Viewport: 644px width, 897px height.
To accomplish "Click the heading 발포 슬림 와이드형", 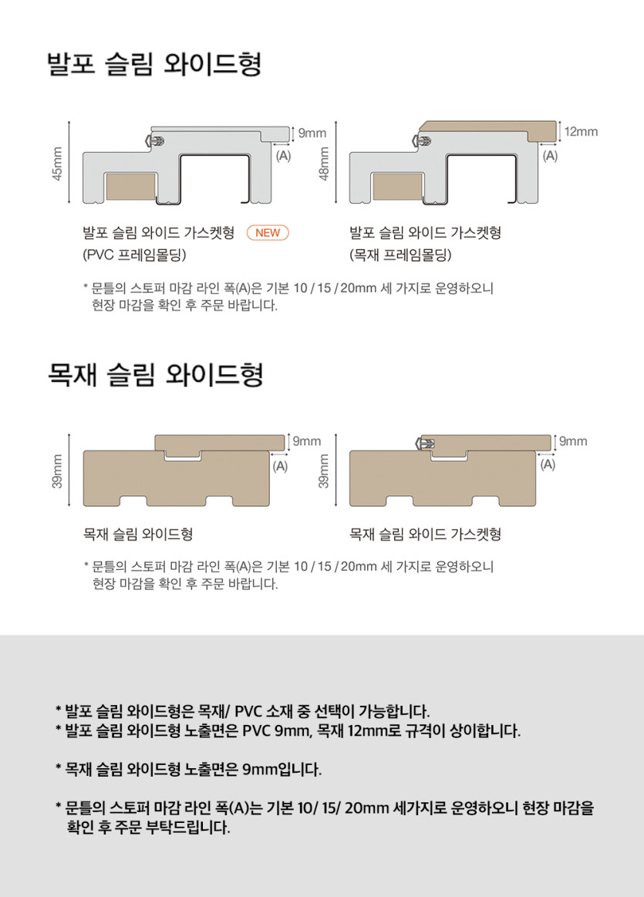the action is click(x=153, y=63).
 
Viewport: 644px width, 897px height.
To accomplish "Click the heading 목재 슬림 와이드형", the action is click(x=155, y=375).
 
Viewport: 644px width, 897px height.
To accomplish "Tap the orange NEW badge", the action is click(x=268, y=233).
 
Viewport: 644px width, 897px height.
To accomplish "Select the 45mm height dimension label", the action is click(x=57, y=164).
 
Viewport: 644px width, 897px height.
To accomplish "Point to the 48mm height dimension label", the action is click(x=324, y=164).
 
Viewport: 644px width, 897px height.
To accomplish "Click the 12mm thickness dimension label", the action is click(x=581, y=132).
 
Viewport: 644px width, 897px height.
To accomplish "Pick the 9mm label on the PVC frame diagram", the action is click(x=312, y=133).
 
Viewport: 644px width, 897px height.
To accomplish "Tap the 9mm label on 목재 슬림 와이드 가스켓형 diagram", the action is click(x=573, y=441).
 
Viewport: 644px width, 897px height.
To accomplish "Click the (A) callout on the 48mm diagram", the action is click(x=550, y=156).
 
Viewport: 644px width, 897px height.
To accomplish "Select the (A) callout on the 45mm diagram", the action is click(x=283, y=156).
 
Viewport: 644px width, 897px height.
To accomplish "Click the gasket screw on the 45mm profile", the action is click(x=155, y=140).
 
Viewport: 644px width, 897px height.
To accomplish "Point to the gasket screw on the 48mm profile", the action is click(x=422, y=140).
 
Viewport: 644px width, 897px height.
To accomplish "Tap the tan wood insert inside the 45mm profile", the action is click(x=131, y=187).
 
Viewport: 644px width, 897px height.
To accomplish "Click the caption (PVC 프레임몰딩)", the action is click(x=134, y=255).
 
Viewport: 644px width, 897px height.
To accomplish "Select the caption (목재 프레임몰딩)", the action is click(x=400, y=255).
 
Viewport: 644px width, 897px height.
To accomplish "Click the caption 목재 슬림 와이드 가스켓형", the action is click(x=425, y=534).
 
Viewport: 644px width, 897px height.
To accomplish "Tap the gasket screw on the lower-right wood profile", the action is click(x=425, y=443).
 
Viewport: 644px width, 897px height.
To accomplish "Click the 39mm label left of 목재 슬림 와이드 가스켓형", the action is click(x=324, y=471).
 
